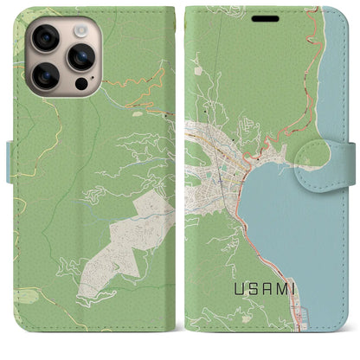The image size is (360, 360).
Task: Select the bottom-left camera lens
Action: tap(45, 76)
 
